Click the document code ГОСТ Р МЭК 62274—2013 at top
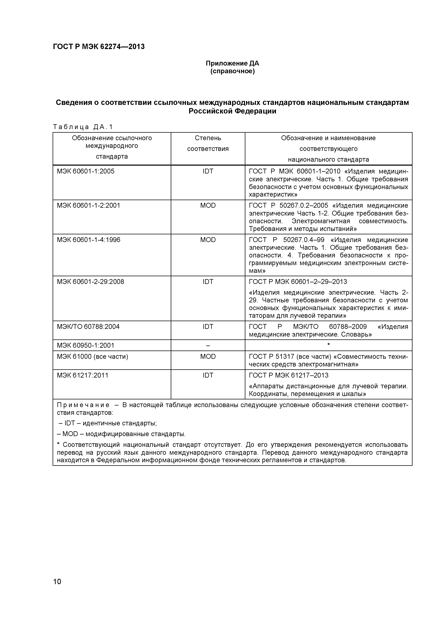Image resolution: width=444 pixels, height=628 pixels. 99,47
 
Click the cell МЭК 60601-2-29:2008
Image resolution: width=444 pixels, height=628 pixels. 90,282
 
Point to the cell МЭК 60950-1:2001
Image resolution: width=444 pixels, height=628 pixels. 85,346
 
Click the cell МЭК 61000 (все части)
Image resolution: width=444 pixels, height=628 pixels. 92,357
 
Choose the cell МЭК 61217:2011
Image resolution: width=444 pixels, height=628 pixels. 83,375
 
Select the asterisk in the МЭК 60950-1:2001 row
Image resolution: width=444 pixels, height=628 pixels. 328,345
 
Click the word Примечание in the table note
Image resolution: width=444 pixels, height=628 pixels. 83,405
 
